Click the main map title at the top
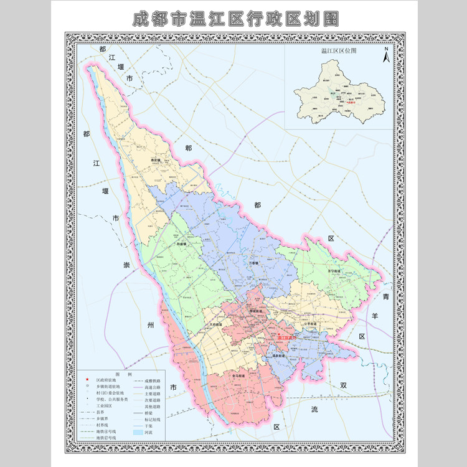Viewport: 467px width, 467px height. coord(235,18)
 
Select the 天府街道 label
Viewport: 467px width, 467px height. coord(217,324)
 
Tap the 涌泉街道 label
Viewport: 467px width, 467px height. coord(278,356)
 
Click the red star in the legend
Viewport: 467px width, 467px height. coord(87,379)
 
